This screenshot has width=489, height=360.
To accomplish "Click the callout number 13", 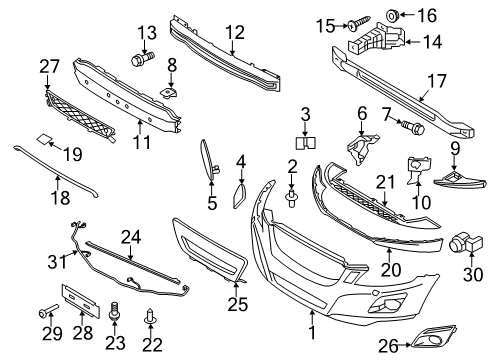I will pyautogui.click(x=147, y=31).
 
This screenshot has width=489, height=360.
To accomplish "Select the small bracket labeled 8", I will pyautogui.click(x=169, y=93).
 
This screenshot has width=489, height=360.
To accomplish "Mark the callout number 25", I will pyautogui.click(x=236, y=300).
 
